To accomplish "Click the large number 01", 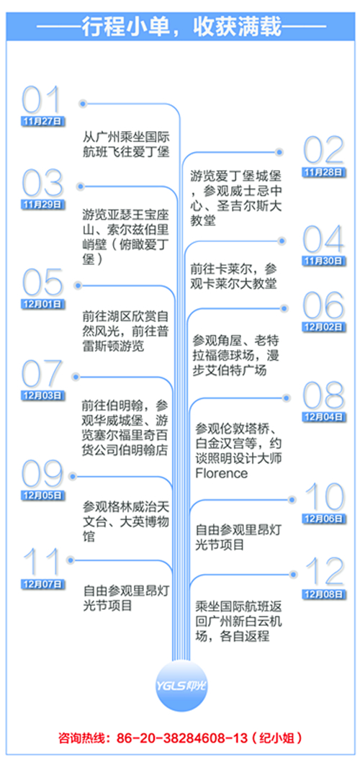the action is coord(42,101).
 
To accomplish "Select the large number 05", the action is coord(42,283).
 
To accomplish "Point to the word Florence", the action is coord(222,473).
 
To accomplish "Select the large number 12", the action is coord(324,572).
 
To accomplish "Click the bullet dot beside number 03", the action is coord(81,186).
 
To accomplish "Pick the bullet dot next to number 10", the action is coord(292,499).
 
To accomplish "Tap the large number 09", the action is coord(42,474).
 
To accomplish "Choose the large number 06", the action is coord(324,306).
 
